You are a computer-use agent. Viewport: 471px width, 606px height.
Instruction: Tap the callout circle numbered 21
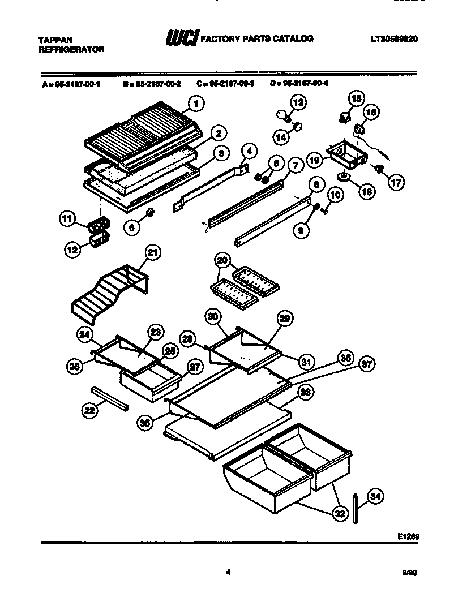coord(151,253)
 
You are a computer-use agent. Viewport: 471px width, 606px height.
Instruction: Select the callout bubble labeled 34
coord(374,497)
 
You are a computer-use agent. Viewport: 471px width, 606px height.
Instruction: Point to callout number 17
coord(396,182)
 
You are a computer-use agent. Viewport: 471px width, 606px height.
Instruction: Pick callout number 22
coord(89,412)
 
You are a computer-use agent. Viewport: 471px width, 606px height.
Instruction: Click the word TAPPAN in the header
coord(55,40)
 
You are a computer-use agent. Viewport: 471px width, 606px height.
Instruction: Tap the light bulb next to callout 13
coord(282,115)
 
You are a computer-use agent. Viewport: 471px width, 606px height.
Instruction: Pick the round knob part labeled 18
coord(344,178)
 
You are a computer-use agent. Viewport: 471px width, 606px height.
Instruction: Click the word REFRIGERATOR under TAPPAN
coord(71,49)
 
